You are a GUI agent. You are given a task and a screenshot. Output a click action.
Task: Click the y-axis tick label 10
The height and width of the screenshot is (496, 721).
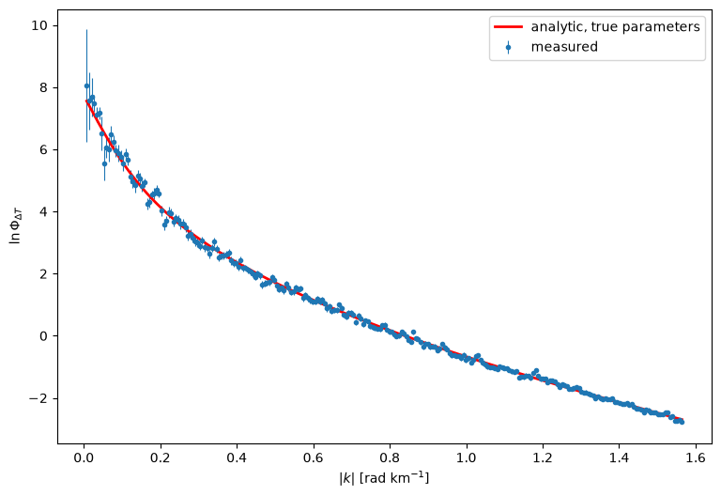(x=39, y=25)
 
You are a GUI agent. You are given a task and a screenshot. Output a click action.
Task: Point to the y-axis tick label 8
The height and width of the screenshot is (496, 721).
(x=43, y=88)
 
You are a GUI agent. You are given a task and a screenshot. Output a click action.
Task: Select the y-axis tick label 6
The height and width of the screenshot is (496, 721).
(x=43, y=150)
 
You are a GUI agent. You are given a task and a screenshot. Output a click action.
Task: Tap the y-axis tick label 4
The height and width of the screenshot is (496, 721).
(x=43, y=212)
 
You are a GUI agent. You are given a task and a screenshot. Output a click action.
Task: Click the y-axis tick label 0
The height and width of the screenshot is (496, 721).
(x=43, y=336)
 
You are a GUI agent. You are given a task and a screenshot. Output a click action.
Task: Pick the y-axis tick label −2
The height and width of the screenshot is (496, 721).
(x=38, y=398)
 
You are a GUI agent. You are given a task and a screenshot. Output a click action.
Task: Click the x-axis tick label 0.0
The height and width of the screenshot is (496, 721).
(x=84, y=458)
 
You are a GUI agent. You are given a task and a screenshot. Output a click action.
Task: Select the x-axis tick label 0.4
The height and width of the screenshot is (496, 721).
(x=237, y=458)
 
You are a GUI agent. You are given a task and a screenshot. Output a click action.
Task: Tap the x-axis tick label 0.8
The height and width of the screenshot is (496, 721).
(x=390, y=458)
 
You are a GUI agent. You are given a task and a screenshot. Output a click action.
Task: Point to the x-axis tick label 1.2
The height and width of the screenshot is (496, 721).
(x=543, y=458)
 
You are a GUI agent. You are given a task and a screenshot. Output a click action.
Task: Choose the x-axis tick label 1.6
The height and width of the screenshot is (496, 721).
(x=696, y=458)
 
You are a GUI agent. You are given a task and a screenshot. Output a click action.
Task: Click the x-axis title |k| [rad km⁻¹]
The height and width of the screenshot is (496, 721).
(x=384, y=478)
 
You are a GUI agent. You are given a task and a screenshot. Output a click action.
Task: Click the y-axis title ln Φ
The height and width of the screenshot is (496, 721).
(x=16, y=226)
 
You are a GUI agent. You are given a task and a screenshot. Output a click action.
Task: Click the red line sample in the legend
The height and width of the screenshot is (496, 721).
(x=508, y=26)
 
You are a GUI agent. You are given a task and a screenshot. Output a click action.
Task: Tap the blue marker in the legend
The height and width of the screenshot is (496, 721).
(x=508, y=47)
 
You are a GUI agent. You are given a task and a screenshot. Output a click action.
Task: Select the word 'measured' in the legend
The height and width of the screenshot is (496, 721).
(x=564, y=47)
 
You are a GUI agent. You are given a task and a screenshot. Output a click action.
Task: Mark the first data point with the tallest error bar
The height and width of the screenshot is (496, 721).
(x=86, y=85)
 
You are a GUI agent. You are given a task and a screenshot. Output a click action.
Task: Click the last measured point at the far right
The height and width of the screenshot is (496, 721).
(x=682, y=422)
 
